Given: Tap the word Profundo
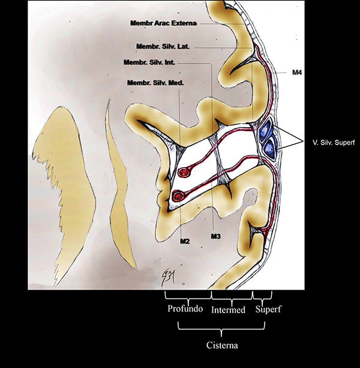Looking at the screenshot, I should [x=187, y=310].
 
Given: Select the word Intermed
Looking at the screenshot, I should [x=230, y=310].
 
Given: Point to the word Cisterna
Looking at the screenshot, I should [x=221, y=345].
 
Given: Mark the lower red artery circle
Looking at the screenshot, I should [x=177, y=196].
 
